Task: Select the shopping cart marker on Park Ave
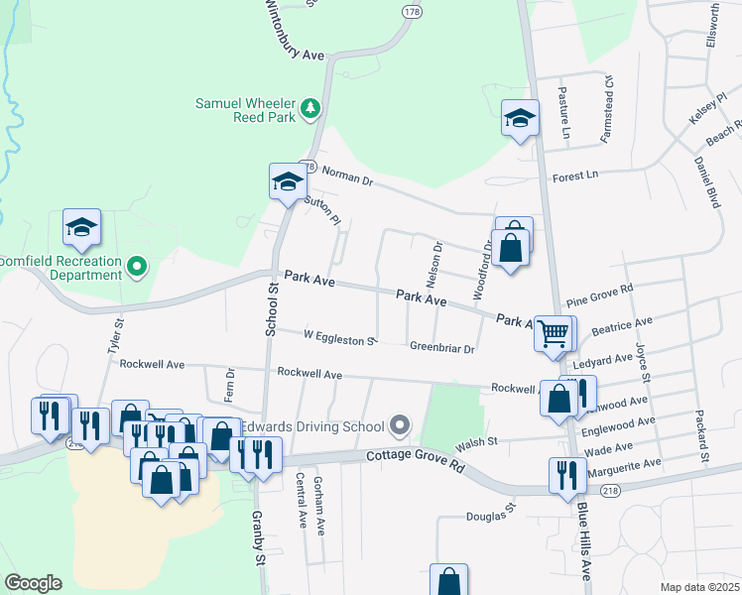(553, 333)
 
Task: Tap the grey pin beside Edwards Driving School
(400, 426)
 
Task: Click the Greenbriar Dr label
(442, 348)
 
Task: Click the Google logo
(34, 582)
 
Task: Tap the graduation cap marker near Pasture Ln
(520, 119)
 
